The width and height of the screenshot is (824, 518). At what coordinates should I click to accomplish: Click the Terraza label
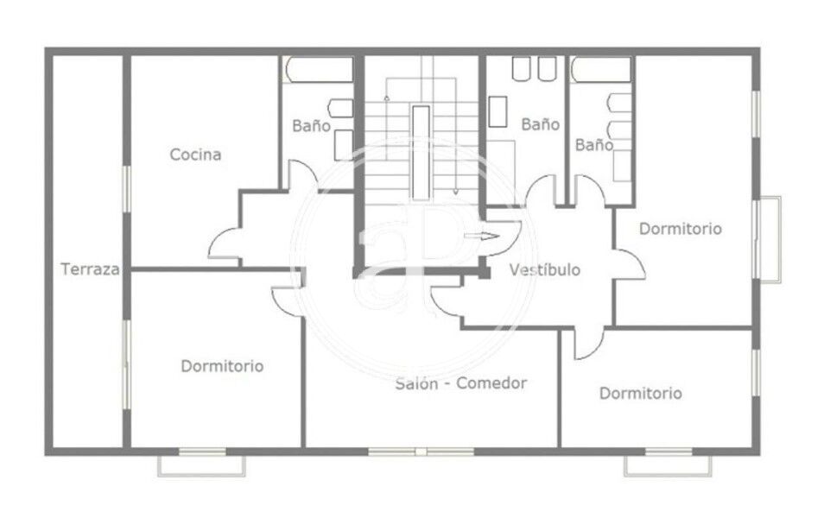tap(90, 269)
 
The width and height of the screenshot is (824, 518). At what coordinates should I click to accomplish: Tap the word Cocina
tap(195, 155)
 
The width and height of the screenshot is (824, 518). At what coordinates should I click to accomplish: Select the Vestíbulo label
tap(545, 269)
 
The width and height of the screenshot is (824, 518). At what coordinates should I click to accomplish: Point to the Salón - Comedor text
tap(461, 383)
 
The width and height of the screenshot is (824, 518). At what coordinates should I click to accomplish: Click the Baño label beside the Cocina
tap(311, 125)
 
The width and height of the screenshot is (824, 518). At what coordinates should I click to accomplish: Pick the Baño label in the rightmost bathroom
tap(594, 144)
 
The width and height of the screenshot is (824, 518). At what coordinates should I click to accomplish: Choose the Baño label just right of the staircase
tap(540, 124)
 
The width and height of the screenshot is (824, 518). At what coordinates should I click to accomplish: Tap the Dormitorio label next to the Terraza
tap(222, 366)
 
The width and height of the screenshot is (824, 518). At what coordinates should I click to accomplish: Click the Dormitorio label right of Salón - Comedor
tap(641, 393)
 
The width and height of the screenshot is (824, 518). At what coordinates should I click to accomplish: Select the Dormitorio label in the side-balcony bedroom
tap(681, 229)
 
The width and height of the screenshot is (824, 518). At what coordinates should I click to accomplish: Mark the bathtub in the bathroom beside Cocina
tap(319, 69)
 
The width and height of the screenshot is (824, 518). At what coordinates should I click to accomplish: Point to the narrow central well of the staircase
tap(421, 153)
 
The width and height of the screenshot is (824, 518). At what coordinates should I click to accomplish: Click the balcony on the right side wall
tap(770, 239)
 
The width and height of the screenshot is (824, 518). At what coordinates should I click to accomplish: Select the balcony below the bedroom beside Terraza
tap(202, 466)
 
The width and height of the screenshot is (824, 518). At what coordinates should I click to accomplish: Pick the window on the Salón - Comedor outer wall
tap(421, 452)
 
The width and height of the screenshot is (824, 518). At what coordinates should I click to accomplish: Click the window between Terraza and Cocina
tap(126, 189)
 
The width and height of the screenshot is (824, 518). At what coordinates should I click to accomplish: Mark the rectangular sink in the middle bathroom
tap(498, 111)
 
